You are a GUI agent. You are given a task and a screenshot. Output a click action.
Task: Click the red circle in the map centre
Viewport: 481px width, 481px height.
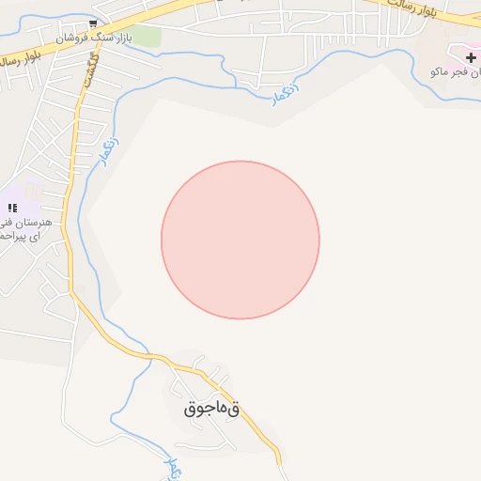tap(240, 240)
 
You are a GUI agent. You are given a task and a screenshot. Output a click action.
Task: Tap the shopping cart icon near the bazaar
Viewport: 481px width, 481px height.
tap(92, 23)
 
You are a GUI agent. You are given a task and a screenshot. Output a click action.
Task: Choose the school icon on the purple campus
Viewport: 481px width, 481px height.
tap(12, 208)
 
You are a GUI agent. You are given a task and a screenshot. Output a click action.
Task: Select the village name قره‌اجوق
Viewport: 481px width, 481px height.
tap(212, 409)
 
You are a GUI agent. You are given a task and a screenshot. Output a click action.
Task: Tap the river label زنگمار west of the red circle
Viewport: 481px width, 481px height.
tap(109, 152)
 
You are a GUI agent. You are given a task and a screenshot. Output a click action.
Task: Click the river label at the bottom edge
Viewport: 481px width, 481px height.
tap(171, 463)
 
